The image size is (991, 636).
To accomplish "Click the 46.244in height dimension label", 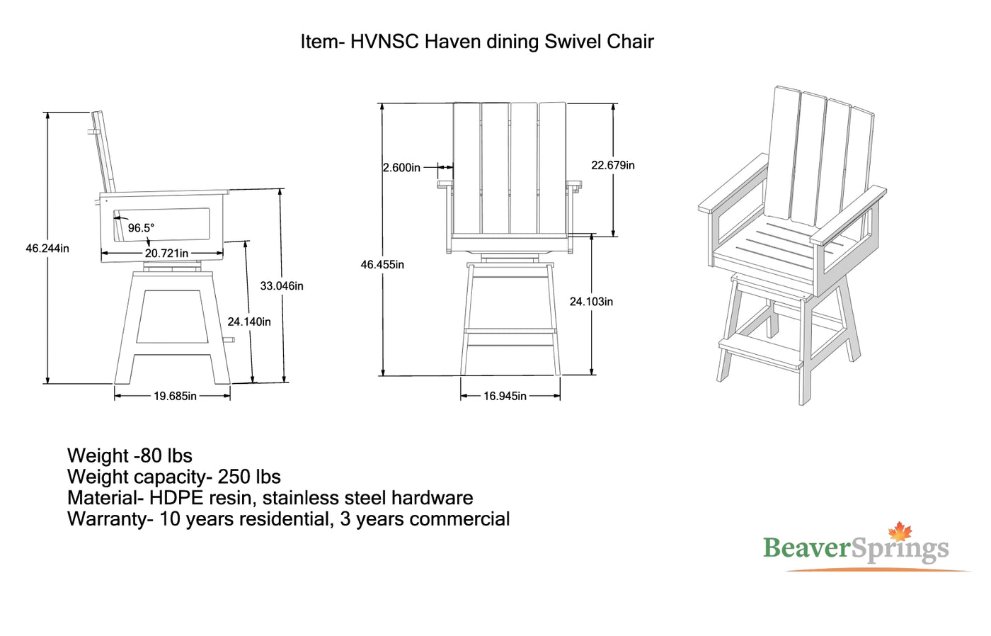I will click(x=47, y=249).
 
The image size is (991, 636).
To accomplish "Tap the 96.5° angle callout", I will click(x=141, y=228).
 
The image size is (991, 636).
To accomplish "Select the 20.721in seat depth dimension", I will click(x=166, y=254).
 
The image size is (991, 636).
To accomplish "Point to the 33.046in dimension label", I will click(x=282, y=286).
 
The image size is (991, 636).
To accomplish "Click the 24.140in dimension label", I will click(x=249, y=322).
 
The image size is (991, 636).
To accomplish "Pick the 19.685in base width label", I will click(x=175, y=396).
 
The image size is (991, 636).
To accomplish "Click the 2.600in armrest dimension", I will click(x=401, y=168).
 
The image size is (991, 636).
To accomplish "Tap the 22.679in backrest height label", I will click(x=613, y=165).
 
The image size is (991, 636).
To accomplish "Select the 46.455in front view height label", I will click(x=382, y=265).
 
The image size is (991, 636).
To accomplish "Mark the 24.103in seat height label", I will click(x=592, y=302).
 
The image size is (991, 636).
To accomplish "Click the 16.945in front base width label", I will click(x=505, y=396).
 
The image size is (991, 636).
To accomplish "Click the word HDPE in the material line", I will click(x=176, y=498).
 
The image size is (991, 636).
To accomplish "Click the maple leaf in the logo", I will click(x=900, y=532).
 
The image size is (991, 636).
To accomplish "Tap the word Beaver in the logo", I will click(x=806, y=548).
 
